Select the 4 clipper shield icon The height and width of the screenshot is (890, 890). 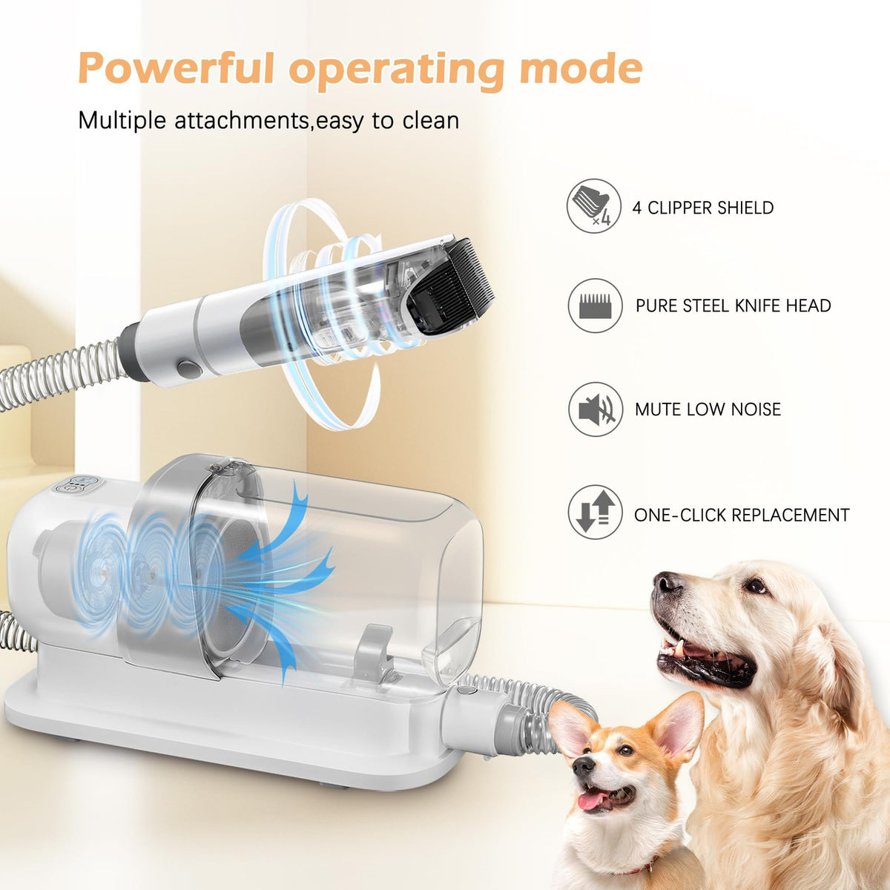(x=594, y=205)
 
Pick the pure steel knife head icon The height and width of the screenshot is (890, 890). (x=595, y=306)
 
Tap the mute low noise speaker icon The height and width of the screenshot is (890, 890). (x=595, y=409)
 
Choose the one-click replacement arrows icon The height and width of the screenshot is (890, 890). (x=595, y=512)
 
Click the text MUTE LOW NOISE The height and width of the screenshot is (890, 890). (x=708, y=409)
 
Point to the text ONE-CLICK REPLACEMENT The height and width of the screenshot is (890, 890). (x=742, y=515)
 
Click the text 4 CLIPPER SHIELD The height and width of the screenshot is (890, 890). (x=703, y=208)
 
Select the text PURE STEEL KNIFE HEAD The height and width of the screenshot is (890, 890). (x=733, y=306)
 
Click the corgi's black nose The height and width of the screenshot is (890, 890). (x=583, y=765)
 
